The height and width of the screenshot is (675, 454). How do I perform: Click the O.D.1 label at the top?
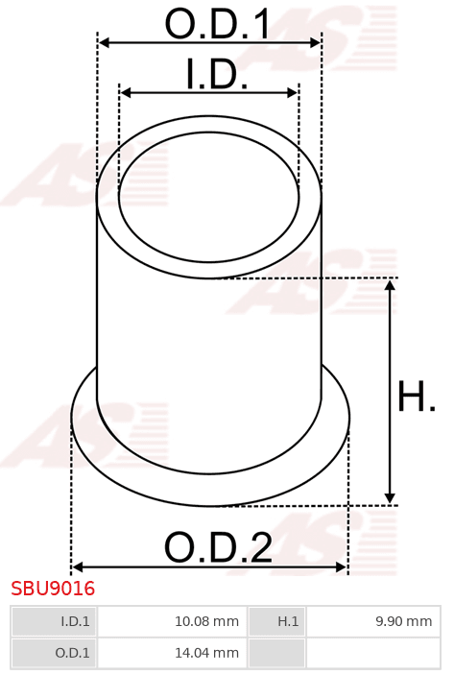217,24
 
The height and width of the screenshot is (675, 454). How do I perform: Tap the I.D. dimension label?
217,74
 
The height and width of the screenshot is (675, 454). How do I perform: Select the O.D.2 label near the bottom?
218,547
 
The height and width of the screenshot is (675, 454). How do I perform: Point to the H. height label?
417,396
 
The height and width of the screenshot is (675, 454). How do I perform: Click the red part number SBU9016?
53,589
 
